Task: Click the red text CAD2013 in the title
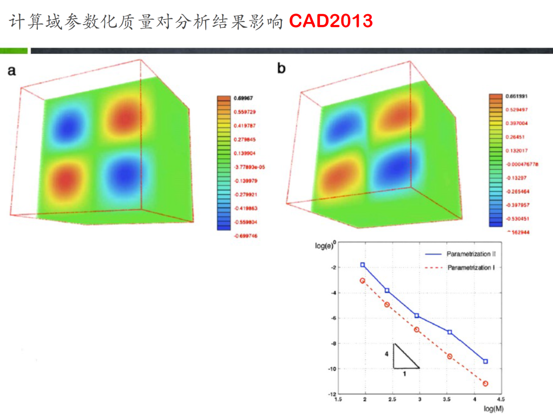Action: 331,21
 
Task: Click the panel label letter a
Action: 12,71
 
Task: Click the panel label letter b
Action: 281,68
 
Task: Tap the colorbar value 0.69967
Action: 243,98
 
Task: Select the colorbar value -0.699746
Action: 245,236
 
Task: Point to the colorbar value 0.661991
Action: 516,96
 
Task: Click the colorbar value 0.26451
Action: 515,137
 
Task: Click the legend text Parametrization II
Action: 471,254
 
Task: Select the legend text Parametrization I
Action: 471,268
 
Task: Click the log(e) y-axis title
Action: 324,246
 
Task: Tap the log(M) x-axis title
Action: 493,408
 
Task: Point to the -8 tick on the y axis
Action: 333,344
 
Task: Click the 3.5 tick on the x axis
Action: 446,399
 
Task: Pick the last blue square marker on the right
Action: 485,361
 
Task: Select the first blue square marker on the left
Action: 362,265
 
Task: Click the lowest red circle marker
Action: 485,383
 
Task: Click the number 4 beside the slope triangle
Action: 387,354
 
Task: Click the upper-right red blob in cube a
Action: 125,117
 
